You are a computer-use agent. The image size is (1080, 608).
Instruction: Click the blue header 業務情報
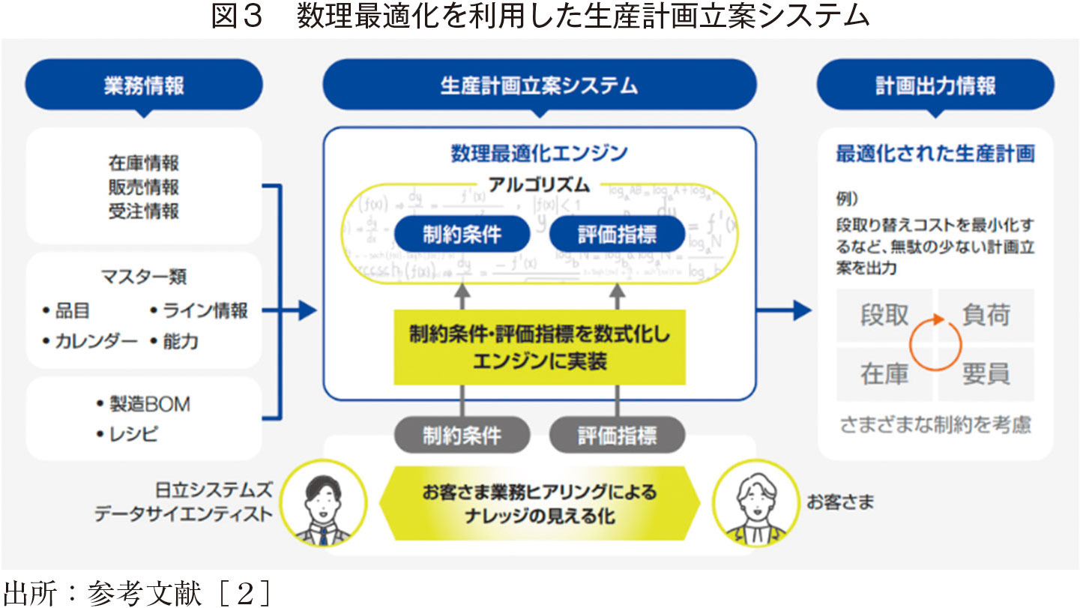(144, 85)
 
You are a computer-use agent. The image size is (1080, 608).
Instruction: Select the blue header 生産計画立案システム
(539, 85)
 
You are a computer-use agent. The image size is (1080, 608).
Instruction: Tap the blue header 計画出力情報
(935, 85)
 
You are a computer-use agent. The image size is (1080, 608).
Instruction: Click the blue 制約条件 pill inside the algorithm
(462, 235)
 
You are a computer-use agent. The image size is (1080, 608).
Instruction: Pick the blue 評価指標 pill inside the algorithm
(617, 235)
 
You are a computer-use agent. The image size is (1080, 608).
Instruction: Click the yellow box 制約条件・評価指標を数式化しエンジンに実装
(539, 347)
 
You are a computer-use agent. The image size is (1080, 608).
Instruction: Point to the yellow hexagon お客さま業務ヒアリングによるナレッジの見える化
(539, 504)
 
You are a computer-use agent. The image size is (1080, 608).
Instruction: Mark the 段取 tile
(884, 316)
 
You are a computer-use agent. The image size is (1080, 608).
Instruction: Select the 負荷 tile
(986, 316)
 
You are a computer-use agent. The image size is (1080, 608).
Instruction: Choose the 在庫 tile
(884, 373)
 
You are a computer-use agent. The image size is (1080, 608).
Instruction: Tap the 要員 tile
(986, 373)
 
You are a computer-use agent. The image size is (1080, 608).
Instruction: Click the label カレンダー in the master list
(96, 342)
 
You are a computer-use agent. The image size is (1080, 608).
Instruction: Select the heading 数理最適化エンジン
(539, 154)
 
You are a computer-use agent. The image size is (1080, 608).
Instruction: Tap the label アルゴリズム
(539, 184)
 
